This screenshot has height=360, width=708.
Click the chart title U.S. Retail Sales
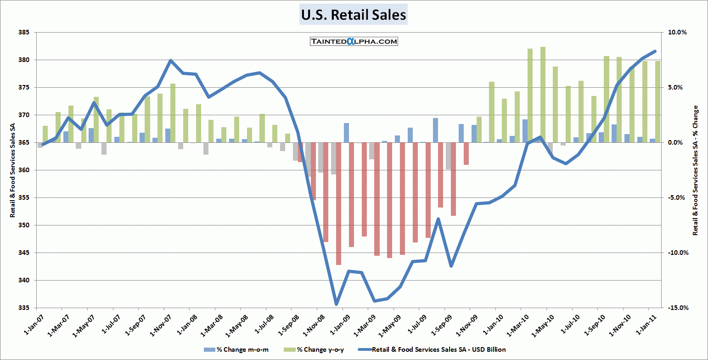coord(354,15)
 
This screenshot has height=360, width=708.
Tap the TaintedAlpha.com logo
coord(354,41)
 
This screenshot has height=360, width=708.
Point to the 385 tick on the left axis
coord(24,33)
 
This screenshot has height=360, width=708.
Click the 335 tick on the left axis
coord(24,308)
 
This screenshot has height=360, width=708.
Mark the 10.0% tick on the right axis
coord(677,33)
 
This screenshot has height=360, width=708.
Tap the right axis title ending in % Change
coord(695,170)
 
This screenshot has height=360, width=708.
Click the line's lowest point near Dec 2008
coord(336,304)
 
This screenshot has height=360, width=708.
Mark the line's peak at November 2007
coord(170,60)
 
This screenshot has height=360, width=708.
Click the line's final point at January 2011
coord(655,51)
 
